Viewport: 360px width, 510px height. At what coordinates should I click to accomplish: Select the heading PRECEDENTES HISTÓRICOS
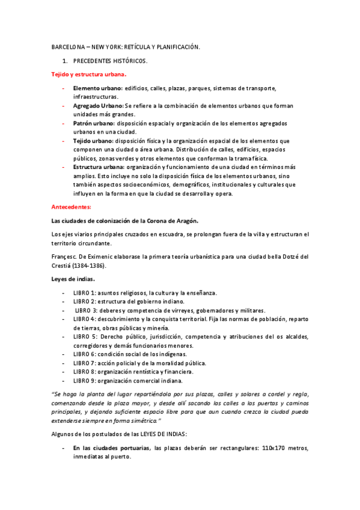tap(110, 61)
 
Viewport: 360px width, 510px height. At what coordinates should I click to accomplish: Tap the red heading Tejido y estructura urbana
tap(88, 75)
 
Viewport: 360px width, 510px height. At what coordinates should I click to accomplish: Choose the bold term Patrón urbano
tap(95, 123)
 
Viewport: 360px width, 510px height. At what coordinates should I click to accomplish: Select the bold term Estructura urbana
tap(99, 167)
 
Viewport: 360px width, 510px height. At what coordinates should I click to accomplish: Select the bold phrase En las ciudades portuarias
tap(112, 448)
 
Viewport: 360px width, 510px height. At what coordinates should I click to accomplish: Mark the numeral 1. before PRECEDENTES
tap(66, 61)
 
